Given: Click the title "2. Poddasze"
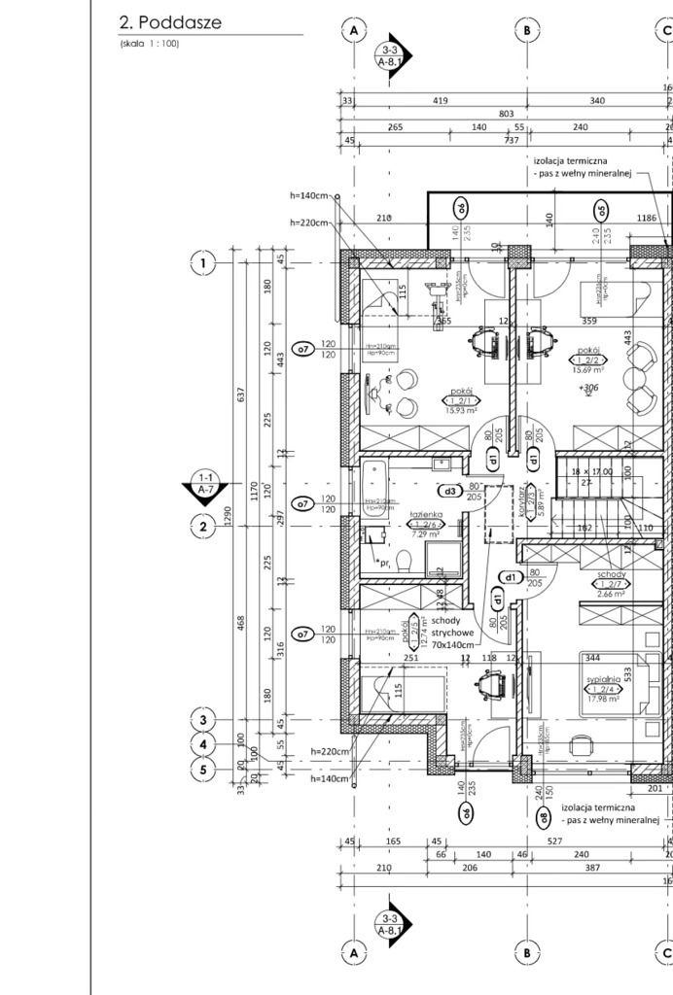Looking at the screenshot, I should (169, 23).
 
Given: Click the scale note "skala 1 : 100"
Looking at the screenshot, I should (150, 44).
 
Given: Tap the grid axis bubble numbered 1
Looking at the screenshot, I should (203, 262).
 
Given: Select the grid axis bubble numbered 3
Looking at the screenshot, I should (203, 720).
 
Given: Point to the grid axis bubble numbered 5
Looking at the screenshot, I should (203, 771).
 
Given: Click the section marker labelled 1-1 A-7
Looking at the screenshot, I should (205, 486).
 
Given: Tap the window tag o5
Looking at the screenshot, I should (602, 210).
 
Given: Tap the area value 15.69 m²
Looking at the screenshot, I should (591, 370).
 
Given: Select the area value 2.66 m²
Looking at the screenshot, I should (611, 594).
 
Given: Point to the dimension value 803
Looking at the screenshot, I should (506, 114).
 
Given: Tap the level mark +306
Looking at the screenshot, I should (587, 388).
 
